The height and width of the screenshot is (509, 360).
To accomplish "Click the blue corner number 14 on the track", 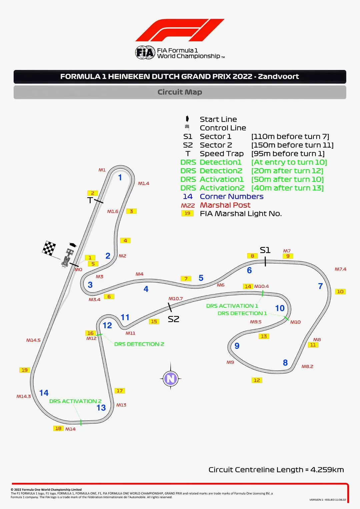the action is [44, 393].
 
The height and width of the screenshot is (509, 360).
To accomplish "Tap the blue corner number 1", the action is [120, 178].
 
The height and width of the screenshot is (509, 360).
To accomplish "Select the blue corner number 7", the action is [320, 286].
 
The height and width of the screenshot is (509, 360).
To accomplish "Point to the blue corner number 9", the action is [237, 346].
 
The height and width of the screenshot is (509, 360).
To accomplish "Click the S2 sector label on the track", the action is [174, 319].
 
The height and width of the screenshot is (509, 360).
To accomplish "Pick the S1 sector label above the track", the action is [265, 250].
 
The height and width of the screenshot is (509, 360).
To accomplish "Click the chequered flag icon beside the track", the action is [49, 248].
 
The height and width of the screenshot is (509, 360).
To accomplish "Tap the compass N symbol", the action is [171, 378].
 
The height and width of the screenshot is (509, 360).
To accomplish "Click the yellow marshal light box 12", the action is [257, 380].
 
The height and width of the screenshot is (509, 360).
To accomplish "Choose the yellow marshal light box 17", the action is [120, 391].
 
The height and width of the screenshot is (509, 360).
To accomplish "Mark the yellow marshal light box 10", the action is [340, 291].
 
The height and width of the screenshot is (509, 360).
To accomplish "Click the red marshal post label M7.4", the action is [340, 269].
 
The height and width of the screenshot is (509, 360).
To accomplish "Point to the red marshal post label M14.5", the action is [33, 340].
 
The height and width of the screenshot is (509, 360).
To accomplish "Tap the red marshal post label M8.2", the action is [307, 366].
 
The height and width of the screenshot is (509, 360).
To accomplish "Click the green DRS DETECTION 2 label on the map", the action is [139, 344].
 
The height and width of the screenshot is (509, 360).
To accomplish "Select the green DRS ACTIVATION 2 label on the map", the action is [76, 401].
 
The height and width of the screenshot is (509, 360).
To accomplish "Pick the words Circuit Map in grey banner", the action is [180, 92].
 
